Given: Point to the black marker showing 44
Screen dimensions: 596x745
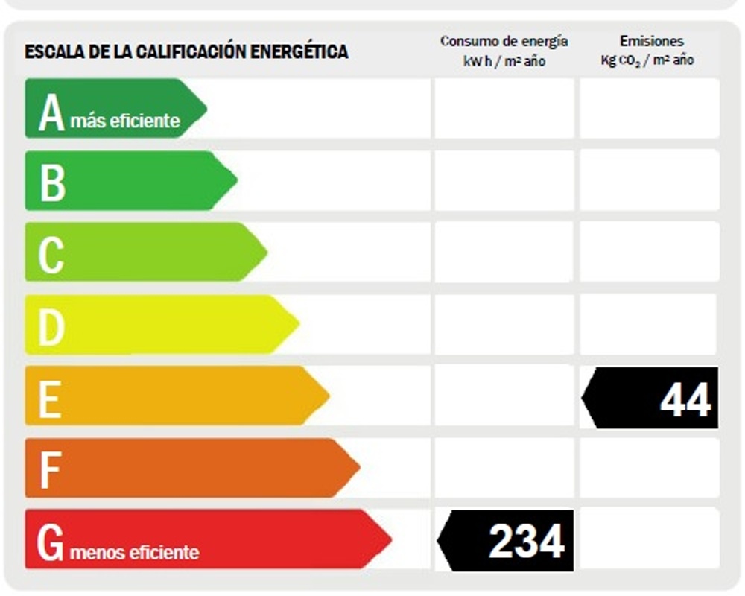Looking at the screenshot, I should [652, 398].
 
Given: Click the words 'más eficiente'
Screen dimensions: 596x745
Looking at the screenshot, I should [125, 121].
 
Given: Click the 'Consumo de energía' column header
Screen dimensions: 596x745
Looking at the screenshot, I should [504, 42].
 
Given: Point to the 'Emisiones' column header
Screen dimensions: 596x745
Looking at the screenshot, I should [650, 42].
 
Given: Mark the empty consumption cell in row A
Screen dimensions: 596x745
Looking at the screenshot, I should [504, 109].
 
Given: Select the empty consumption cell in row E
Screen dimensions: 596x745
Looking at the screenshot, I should [504, 396].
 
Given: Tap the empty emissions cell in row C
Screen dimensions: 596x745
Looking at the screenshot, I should [650, 252].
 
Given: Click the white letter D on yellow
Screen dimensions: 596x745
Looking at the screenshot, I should [51, 326].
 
